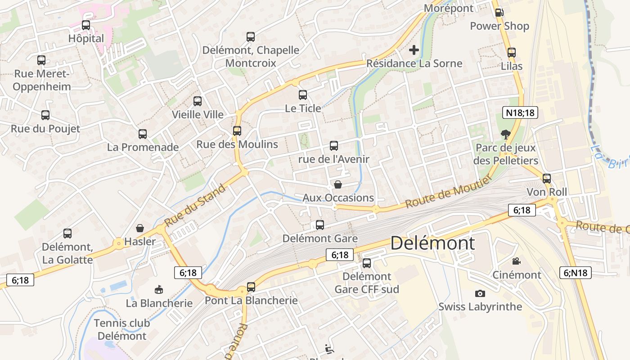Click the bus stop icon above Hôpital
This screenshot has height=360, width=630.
86,25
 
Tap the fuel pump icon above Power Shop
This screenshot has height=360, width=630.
499,13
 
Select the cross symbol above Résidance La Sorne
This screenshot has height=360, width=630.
414,50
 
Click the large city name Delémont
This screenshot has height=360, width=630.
432,243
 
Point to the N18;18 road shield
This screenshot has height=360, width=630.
520,112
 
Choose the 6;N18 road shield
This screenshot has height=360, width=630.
576,272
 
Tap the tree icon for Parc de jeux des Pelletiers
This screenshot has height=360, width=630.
505,134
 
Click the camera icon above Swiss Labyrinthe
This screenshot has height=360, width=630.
480,293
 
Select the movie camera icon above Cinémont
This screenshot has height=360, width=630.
516,261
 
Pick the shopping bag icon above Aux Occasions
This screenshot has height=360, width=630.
338,184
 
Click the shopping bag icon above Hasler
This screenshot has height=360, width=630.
140,228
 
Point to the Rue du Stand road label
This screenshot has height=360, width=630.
195,207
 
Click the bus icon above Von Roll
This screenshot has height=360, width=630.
547,179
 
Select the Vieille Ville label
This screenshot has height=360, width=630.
198,114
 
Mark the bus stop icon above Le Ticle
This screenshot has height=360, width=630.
303,95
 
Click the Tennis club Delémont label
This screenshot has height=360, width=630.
122,329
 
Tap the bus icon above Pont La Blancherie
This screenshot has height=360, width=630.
251,287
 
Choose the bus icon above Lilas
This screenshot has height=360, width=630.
512,53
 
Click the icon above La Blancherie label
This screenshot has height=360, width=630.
159,289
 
